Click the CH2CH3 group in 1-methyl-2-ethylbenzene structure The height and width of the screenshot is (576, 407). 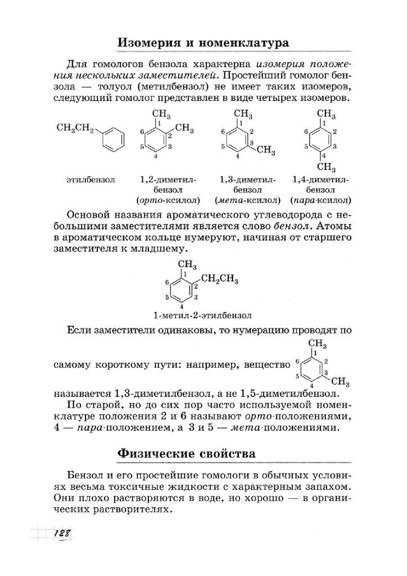click(x=219, y=278)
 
